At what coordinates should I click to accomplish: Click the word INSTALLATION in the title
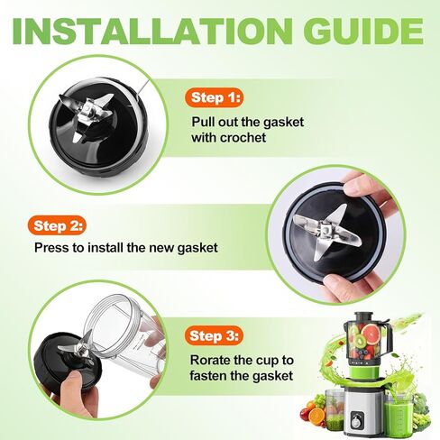point(152,31)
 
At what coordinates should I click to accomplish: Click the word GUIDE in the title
point(365,31)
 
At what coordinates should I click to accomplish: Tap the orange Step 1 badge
point(215,97)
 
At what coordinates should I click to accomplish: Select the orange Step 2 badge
point(58,225)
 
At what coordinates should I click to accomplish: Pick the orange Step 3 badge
point(215,335)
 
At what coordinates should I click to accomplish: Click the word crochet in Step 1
point(243,138)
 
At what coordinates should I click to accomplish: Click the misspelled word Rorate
point(210,360)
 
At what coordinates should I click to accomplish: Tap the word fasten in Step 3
point(206,376)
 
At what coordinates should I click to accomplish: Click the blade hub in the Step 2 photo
point(325,232)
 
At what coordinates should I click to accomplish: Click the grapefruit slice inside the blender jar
point(371,335)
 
